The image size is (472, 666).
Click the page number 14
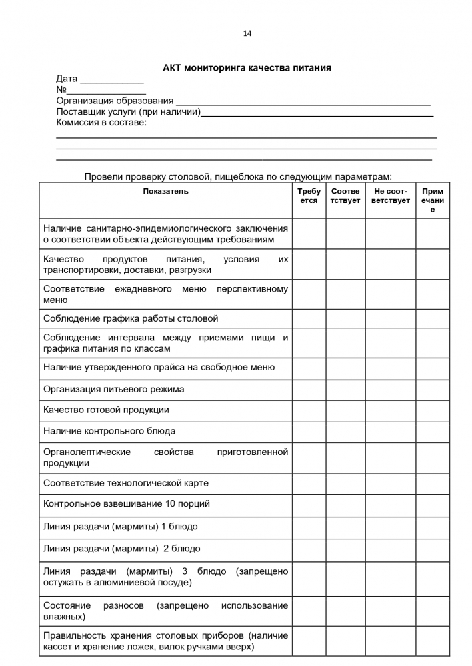[x=247, y=33]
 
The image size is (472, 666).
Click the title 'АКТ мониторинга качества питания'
[x=247, y=68]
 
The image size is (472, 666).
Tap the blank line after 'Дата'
[x=107, y=81]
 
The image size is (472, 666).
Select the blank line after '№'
[x=107, y=91]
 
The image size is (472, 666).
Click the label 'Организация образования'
[x=115, y=101]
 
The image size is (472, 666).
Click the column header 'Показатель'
[x=165, y=192]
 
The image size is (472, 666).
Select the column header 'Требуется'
[x=309, y=196]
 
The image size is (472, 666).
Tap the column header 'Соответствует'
[x=345, y=196]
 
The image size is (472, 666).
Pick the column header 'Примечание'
[x=432, y=200]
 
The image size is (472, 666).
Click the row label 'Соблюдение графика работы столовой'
[x=131, y=319]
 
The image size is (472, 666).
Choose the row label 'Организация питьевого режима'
[x=113, y=389]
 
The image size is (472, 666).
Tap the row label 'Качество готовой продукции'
[x=106, y=410]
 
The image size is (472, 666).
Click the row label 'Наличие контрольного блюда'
[x=109, y=432]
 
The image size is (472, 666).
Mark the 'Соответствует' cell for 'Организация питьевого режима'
[x=345, y=389]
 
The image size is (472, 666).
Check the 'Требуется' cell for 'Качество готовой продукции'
[x=309, y=410]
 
